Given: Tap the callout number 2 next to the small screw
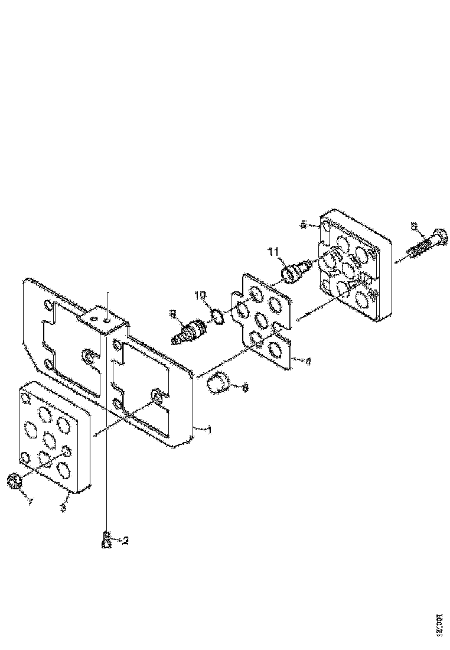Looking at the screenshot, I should pos(125,540).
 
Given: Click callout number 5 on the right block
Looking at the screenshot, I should pos(304,225).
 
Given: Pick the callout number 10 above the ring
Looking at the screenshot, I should pos(201,295).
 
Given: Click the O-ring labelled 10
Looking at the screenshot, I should pos(217,317).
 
